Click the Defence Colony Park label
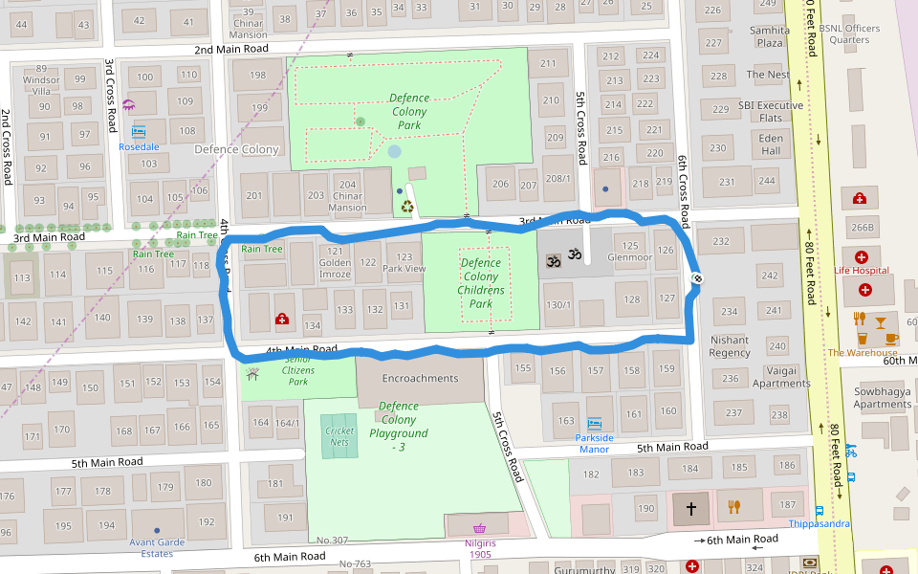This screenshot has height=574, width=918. pyautogui.click(x=409, y=112)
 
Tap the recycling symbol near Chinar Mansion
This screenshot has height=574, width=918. pyautogui.click(x=407, y=205)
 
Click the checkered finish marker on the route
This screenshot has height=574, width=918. pyautogui.click(x=697, y=278)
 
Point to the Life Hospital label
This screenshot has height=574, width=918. pyautogui.click(x=861, y=271)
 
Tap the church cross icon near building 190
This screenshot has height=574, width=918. pyautogui.click(x=692, y=507)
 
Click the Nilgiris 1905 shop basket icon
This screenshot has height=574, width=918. pyautogui.click(x=479, y=528)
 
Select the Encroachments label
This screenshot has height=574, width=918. pyautogui.click(x=420, y=379)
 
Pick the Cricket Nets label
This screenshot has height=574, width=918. pyautogui.click(x=339, y=437)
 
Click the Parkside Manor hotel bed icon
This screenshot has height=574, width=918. pyautogui.click(x=594, y=423)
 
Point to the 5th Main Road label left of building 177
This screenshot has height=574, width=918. pyautogui.click(x=107, y=462)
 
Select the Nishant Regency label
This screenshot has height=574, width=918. pyautogui.click(x=730, y=346)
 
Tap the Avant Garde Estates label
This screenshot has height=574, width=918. pyautogui.click(x=157, y=548)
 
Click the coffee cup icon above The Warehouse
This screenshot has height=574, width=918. pyautogui.click(x=891, y=338)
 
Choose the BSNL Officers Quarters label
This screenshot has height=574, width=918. pyautogui.click(x=849, y=33)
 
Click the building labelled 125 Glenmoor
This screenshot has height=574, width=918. pyautogui.click(x=629, y=252)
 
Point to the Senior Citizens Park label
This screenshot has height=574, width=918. pyautogui.click(x=297, y=370)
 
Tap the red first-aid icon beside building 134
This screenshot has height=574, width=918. pyautogui.click(x=282, y=319)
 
